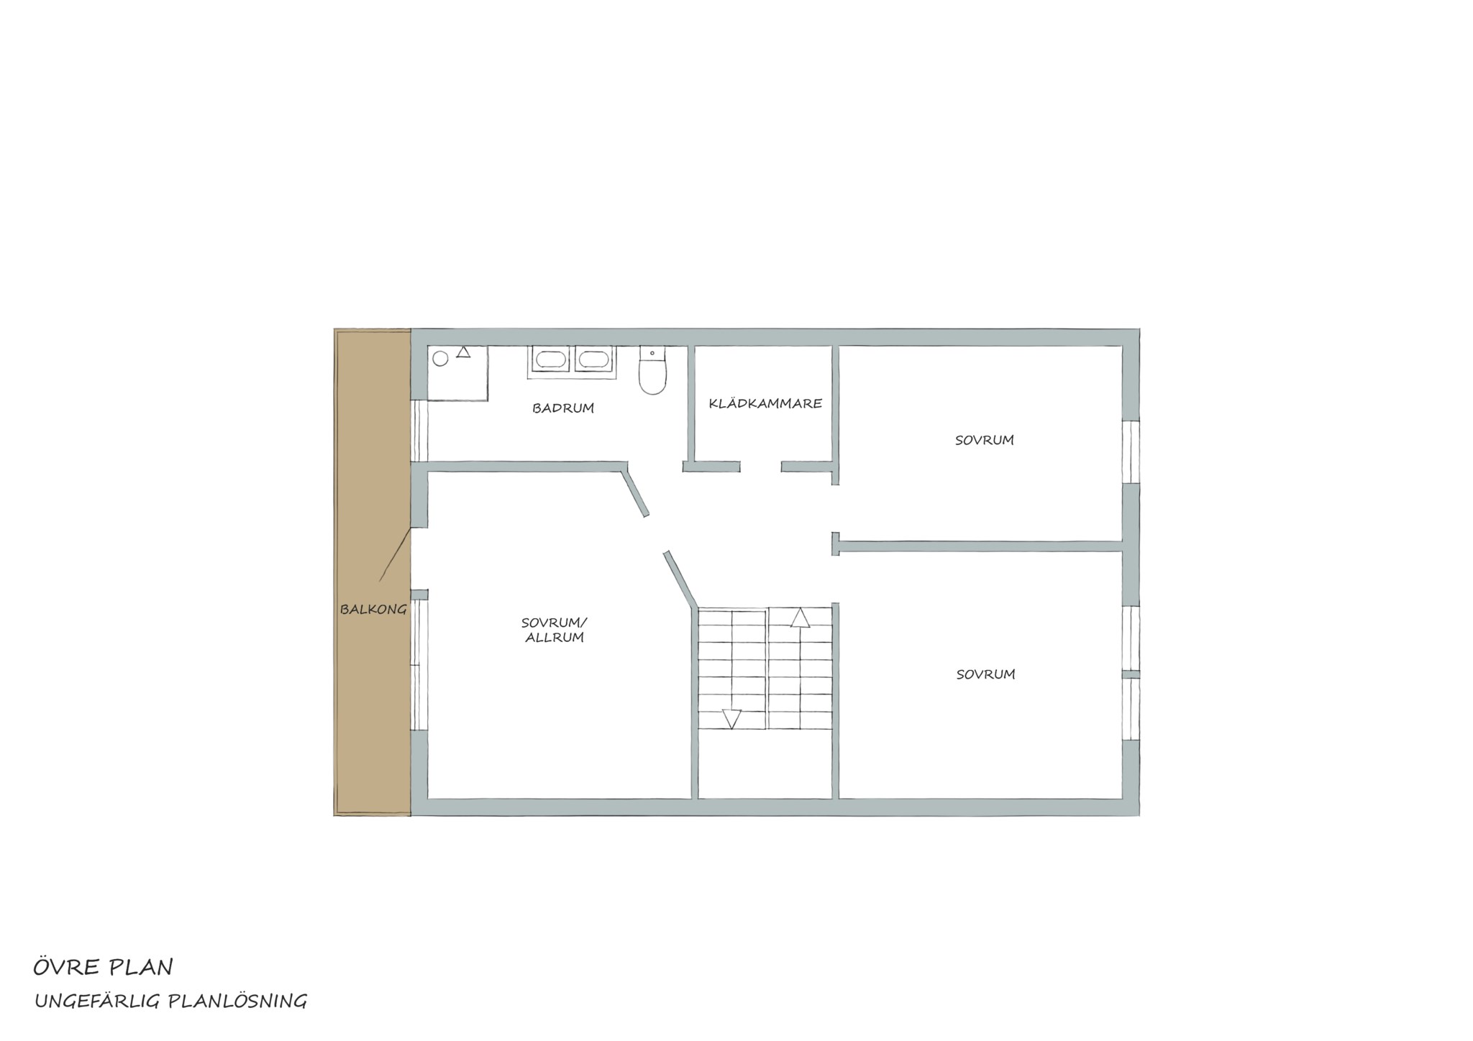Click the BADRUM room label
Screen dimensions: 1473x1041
563,408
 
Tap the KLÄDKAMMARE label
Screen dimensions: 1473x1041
765,403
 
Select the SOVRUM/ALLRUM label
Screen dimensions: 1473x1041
555,630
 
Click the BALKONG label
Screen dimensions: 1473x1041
373,610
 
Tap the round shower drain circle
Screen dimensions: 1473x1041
440,358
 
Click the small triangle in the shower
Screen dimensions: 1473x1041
463,352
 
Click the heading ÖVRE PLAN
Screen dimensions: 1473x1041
103,967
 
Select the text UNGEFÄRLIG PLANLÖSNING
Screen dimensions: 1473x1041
170,1001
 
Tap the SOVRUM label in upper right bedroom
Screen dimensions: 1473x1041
984,440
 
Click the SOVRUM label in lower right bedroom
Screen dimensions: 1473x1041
985,674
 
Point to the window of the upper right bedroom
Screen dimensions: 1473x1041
1131,451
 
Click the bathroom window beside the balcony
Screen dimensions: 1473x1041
419,430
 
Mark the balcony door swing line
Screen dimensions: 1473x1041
395,554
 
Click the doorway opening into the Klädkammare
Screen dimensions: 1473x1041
761,467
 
